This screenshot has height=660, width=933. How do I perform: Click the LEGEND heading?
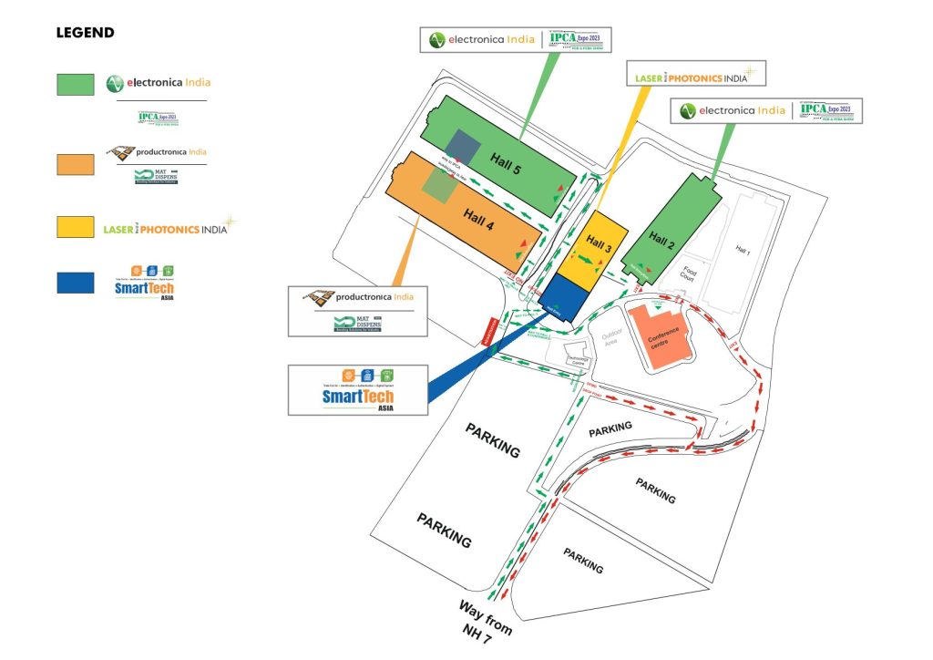pyautogui.click(x=86, y=33)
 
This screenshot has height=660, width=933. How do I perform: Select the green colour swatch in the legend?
pyautogui.click(x=75, y=84)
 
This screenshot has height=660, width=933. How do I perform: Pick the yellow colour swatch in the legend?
pyautogui.click(x=75, y=227)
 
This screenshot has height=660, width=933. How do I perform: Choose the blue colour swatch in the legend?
pyautogui.click(x=75, y=283)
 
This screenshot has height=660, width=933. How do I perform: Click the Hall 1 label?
pyautogui.click(x=743, y=248)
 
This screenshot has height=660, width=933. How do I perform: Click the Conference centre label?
pyautogui.click(x=664, y=341)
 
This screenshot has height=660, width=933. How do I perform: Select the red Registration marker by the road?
pyautogui.click(x=487, y=330)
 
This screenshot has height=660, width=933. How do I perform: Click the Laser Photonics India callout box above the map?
pyautogui.click(x=697, y=74)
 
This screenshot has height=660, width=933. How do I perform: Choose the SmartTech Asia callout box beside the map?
pyautogui.click(x=358, y=389)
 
